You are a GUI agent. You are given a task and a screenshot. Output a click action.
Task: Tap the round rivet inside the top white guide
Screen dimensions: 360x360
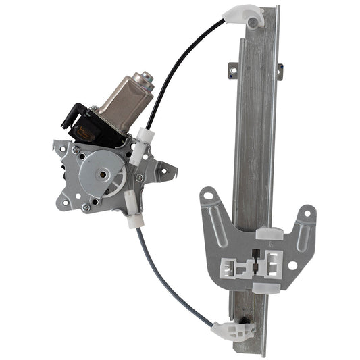253,23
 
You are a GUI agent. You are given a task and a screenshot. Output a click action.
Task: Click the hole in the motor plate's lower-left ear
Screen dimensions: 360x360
66,201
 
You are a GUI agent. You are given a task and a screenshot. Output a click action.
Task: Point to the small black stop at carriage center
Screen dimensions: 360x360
257,255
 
